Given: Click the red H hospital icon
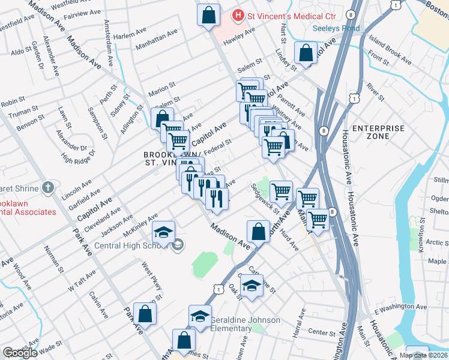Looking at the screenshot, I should pos(239,14).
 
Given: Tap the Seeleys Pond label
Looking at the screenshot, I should pos(336,28).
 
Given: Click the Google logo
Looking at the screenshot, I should pos(20,353).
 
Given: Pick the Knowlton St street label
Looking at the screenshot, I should pos(422,230).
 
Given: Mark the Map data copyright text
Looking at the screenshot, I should pos(423,355).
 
